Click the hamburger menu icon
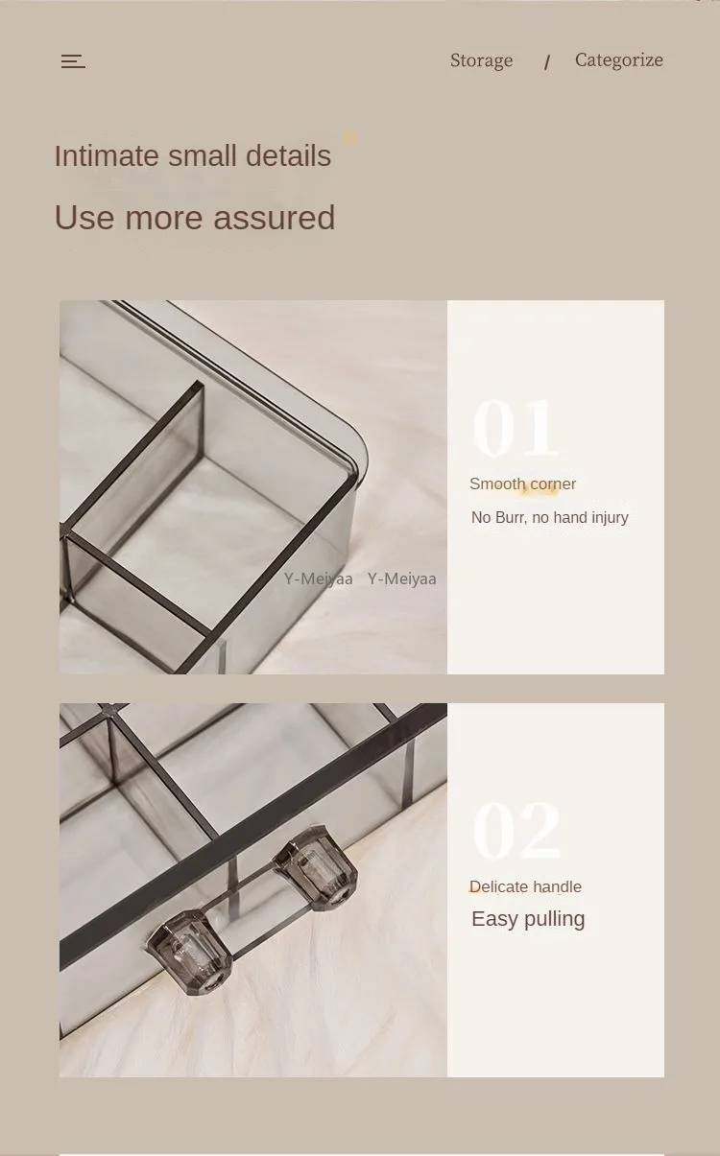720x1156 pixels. click(x=73, y=61)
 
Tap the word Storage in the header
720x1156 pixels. click(x=481, y=60)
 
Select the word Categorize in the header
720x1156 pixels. click(x=618, y=59)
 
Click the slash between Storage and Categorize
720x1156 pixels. click(x=547, y=63)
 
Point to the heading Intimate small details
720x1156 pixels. click(x=192, y=155)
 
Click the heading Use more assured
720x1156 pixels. click(x=194, y=218)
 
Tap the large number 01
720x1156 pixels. click(x=515, y=429)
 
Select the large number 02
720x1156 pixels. click(x=516, y=831)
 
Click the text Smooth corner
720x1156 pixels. click(x=522, y=484)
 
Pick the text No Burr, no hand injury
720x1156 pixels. click(x=549, y=518)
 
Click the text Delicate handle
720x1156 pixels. click(x=525, y=887)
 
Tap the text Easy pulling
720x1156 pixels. click(x=528, y=919)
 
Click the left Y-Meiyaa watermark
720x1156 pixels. click(x=318, y=579)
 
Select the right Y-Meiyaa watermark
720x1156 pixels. click(x=401, y=579)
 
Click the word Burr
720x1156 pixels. click(x=514, y=518)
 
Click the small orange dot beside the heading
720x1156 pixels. click(x=349, y=138)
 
